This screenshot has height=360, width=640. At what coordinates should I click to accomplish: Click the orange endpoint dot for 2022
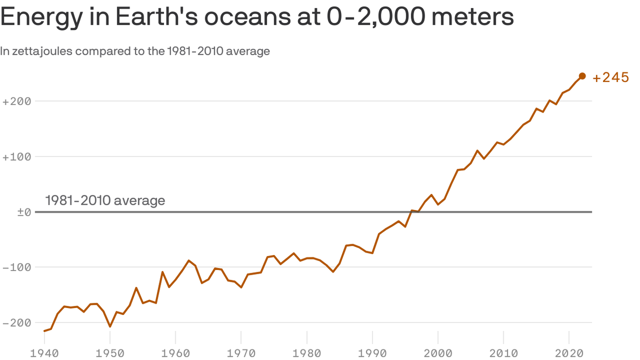point(582,76)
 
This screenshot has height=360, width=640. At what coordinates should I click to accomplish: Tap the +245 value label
point(610,78)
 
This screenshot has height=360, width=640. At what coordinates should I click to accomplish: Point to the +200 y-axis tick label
point(16,101)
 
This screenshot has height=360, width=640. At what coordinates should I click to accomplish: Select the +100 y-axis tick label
point(16,157)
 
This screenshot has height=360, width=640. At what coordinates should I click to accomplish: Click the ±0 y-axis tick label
point(24,212)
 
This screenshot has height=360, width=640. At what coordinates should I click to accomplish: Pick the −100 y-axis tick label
point(16,268)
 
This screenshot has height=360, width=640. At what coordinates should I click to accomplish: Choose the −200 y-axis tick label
point(16,323)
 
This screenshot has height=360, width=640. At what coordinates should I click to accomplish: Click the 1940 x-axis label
point(44,353)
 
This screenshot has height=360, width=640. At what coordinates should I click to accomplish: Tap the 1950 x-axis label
point(110,353)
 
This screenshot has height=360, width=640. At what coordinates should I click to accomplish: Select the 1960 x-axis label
point(175,353)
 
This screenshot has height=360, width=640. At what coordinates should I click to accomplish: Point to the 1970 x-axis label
point(241,353)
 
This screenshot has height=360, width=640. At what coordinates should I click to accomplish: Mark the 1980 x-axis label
point(306,353)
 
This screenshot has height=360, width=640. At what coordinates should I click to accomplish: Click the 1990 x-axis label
point(372,353)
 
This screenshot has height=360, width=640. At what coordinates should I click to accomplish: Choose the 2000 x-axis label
point(438,353)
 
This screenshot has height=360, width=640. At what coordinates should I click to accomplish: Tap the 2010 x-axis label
point(503,353)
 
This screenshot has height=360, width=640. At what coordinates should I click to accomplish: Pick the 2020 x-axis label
point(569,353)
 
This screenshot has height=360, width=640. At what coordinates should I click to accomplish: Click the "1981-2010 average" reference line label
point(105,201)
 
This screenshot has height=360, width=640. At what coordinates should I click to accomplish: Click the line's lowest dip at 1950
point(110,326)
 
